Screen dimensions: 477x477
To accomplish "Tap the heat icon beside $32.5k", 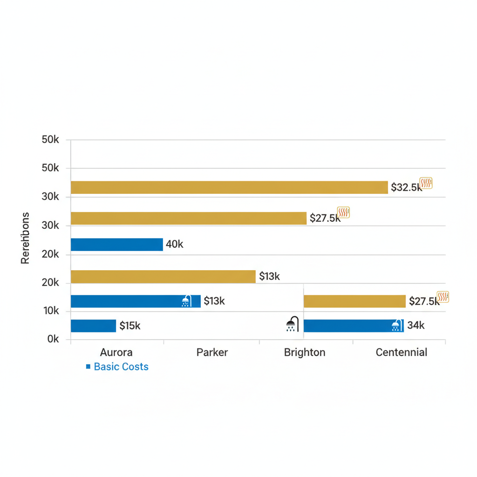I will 426,183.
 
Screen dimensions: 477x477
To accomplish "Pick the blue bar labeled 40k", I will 117,245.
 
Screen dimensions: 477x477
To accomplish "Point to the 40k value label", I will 175,245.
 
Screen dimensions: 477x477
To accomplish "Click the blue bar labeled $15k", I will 93,326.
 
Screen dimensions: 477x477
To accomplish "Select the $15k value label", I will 130,326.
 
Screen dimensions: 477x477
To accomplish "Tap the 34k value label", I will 416,326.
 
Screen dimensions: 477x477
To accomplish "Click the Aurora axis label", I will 116,352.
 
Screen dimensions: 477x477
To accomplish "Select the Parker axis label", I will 212,352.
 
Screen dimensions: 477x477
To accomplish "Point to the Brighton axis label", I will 305,352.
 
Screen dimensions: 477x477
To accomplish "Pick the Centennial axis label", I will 402,352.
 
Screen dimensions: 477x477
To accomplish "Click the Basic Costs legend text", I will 121,367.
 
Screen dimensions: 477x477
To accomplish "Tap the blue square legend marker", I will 88,367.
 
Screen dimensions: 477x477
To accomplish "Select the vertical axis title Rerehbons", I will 25,238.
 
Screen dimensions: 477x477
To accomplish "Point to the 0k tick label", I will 53,340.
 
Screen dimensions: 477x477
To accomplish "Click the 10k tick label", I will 50,311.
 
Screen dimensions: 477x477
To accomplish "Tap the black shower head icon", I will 293,324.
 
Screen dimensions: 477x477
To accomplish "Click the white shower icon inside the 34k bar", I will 396,326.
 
